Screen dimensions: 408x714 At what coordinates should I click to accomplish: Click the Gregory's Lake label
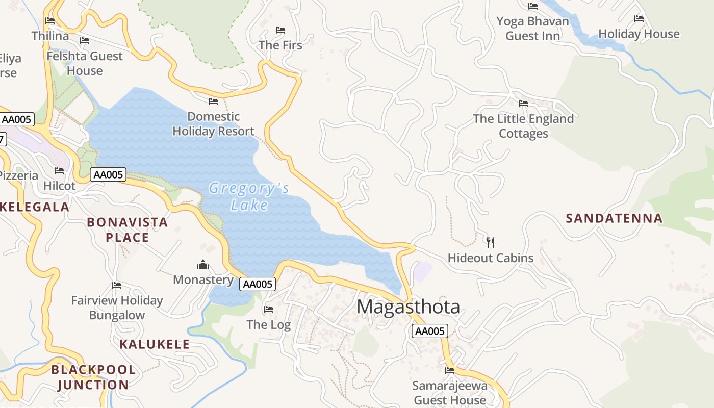(249, 196)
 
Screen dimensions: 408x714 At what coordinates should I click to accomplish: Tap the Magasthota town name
(408, 307)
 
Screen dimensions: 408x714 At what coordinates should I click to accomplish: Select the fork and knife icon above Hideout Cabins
(491, 242)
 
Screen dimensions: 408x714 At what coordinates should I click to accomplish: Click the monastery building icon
(203, 265)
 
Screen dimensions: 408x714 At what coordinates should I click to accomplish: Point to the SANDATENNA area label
(614, 218)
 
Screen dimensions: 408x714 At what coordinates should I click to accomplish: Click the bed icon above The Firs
(280, 30)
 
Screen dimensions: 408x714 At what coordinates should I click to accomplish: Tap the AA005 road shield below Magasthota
(429, 331)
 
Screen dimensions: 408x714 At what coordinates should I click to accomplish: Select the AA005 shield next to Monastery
(258, 284)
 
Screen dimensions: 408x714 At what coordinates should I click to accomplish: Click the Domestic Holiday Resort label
(213, 124)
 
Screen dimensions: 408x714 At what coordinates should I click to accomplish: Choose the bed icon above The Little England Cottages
(523, 104)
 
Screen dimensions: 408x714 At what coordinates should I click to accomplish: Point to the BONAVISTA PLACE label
(127, 229)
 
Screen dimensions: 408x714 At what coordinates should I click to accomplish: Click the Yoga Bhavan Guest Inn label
(532, 29)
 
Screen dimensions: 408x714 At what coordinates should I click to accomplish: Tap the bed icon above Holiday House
(639, 19)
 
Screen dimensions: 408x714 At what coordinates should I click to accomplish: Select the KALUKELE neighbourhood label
(155, 344)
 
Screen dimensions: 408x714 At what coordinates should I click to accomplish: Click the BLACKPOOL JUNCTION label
(93, 377)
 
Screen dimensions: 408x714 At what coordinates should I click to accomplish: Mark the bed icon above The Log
(268, 309)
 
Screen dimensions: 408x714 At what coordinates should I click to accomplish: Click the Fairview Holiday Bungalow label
(117, 308)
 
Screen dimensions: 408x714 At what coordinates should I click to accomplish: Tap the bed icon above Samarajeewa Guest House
(449, 370)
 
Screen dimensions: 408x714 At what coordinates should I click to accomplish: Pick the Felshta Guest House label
(85, 63)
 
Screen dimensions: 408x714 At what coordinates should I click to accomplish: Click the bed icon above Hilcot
(59, 171)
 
